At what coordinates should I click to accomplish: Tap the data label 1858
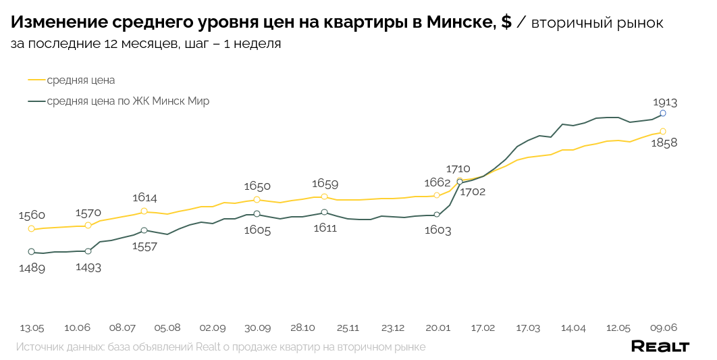(x=664, y=143)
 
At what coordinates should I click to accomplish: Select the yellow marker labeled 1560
(x=31, y=229)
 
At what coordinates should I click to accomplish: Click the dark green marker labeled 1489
(x=31, y=252)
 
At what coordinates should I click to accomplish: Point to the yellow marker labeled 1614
(x=144, y=211)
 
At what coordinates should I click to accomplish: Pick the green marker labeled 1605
(x=257, y=214)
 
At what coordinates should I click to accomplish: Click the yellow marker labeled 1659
(x=324, y=197)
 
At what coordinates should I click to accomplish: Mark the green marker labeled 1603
(x=437, y=215)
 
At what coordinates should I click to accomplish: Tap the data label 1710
(x=458, y=169)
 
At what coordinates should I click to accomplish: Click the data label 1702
(x=473, y=192)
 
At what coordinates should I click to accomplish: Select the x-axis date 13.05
(x=32, y=328)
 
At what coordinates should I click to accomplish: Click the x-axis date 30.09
(x=257, y=328)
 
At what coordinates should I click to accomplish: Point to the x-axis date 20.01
(x=437, y=328)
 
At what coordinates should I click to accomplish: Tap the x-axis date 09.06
(x=663, y=328)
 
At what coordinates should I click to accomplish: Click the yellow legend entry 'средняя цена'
(x=80, y=80)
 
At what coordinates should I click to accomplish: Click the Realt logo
(x=660, y=346)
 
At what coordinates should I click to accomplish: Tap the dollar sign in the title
(x=506, y=22)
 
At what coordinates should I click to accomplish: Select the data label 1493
(x=88, y=267)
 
